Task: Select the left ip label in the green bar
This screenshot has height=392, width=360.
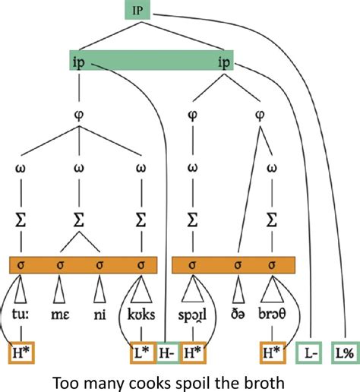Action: coord(78,62)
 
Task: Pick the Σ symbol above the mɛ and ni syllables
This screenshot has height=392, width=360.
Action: coord(78,220)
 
